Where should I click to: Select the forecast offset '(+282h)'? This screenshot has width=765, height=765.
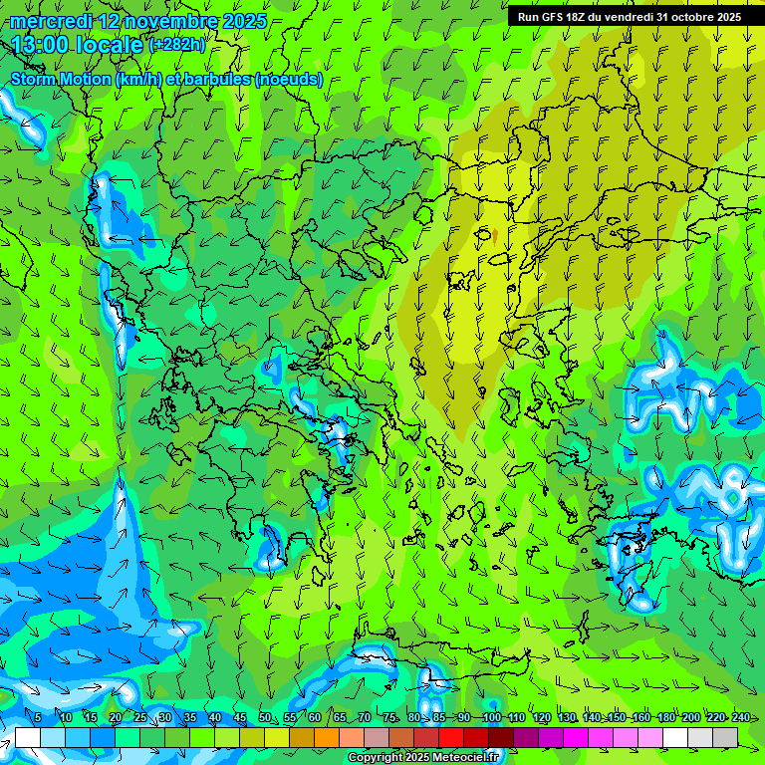pyautogui.click(x=177, y=45)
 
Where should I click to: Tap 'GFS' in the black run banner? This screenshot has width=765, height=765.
pyautogui.click(x=549, y=17)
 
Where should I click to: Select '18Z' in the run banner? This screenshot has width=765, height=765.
pyautogui.click(x=575, y=17)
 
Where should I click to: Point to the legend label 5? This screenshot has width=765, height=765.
pyautogui.click(x=38, y=717)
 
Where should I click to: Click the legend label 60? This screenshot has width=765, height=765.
pyautogui.click(x=314, y=717)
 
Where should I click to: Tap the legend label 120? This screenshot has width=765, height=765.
pyautogui.click(x=541, y=717)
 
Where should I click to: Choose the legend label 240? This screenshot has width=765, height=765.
pyautogui.click(x=741, y=717)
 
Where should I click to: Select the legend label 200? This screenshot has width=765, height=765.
pyautogui.click(x=691, y=717)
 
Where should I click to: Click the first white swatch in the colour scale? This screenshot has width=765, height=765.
pyautogui.click(x=28, y=737)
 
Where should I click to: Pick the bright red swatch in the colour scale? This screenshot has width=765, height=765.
pyautogui.click(x=451, y=737)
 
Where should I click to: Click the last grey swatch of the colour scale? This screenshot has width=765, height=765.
pyautogui.click(x=725, y=737)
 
